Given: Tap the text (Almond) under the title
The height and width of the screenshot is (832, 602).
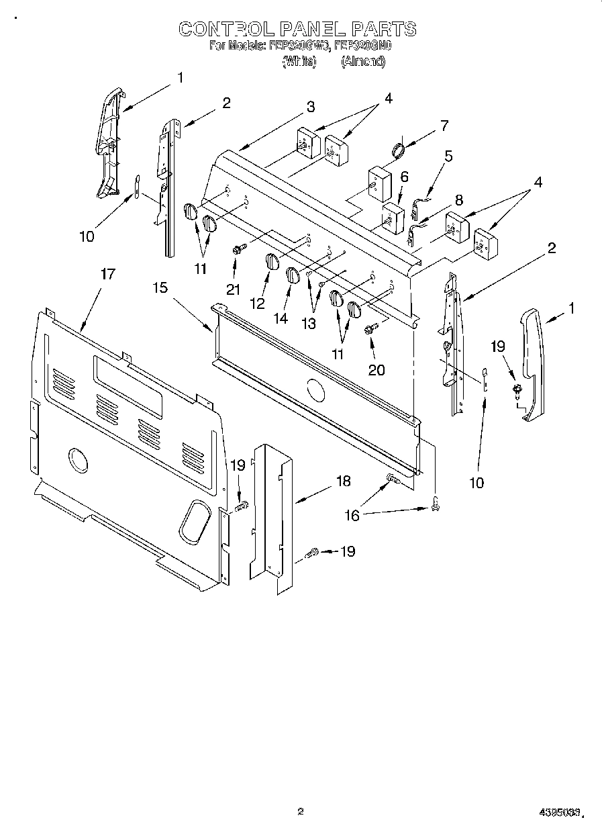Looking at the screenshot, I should coord(362,61).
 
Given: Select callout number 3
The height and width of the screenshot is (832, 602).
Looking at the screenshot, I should coord(311,107).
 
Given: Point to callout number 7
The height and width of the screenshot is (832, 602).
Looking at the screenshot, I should coord(442,125).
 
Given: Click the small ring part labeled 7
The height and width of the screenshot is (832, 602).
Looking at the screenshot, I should coord(398,150).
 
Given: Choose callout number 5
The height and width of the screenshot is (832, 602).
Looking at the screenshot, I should coord(448,156).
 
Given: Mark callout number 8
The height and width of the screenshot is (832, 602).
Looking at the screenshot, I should coord(458,199).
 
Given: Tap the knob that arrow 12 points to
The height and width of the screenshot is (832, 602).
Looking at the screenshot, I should coord(270,261).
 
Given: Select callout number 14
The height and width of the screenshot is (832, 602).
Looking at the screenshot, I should coord(281,318).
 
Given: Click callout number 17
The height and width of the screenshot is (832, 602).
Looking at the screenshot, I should coord(107,274).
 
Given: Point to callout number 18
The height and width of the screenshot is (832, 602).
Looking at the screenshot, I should coord(343,481).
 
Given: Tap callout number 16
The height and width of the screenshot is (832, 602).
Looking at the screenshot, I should coord(352,515).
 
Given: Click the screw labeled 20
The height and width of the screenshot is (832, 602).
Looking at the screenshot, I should coord(370,329).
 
